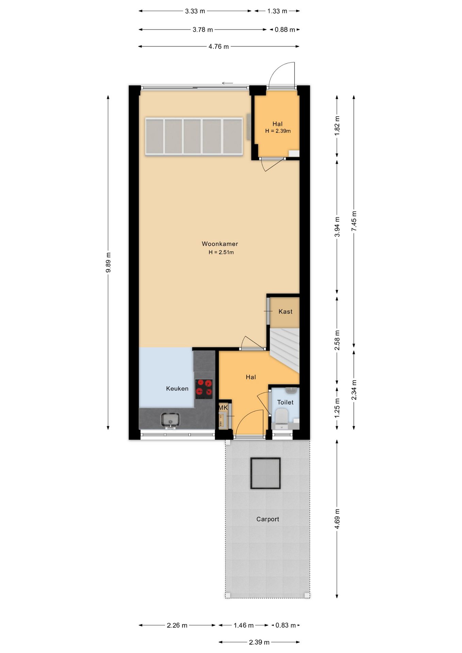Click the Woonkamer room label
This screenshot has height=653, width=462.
220,244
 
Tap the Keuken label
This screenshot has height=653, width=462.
177,388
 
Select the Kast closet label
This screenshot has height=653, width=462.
285,312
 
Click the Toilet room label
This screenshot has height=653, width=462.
285,402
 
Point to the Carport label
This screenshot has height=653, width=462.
268,519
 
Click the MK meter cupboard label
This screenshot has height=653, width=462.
223,407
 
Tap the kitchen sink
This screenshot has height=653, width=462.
170,420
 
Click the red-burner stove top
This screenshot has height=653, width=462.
204,389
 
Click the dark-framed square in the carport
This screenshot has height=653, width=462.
265,473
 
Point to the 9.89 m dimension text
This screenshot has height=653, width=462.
108,263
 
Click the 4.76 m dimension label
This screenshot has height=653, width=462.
218,47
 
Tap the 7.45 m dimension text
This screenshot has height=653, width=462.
354,221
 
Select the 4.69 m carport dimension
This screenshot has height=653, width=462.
337,519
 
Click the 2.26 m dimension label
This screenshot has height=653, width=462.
177,625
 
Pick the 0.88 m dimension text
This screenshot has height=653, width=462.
285,30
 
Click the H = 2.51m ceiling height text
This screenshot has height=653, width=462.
221,252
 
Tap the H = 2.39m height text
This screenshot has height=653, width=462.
278,131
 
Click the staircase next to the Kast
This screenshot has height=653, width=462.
285,350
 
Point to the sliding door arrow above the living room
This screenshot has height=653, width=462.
227,83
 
